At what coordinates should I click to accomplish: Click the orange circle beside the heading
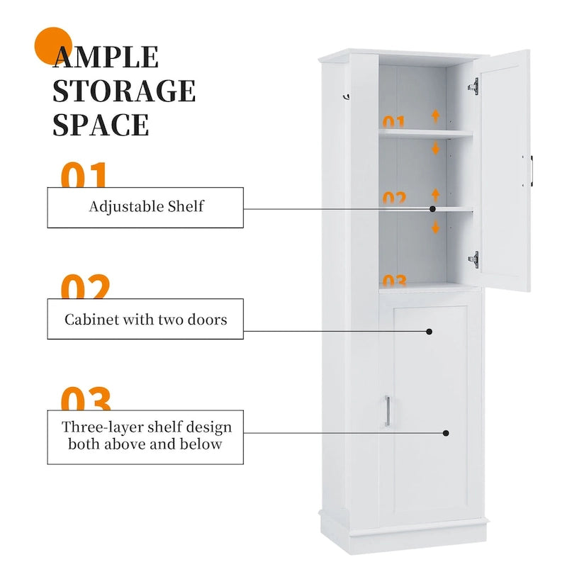pyautogui.click(x=54, y=46)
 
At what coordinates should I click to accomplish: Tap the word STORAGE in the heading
pyautogui.click(x=124, y=91)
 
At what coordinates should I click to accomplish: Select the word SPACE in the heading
pyautogui.click(x=101, y=124)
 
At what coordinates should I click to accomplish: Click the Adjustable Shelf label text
pyautogui.click(x=146, y=207)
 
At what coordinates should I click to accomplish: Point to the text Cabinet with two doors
pyautogui.click(x=146, y=319)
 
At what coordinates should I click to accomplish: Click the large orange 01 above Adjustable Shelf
pyautogui.click(x=84, y=176)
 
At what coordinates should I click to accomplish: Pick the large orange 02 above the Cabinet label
pyautogui.click(x=85, y=288)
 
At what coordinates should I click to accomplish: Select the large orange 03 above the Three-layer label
pyautogui.click(x=85, y=399)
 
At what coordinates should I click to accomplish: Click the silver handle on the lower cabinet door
pyautogui.click(x=387, y=412)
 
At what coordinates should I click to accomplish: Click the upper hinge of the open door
pyautogui.click(x=473, y=86)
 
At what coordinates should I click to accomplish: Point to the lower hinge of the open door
pyautogui.click(x=473, y=259)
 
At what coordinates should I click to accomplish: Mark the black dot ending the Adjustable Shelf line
pyautogui.click(x=432, y=209)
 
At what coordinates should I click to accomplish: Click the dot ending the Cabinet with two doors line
pyautogui.click(x=430, y=331)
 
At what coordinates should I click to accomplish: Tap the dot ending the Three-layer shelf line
pyautogui.click(x=446, y=432)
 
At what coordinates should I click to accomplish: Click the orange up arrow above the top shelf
pyautogui.click(x=436, y=116)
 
